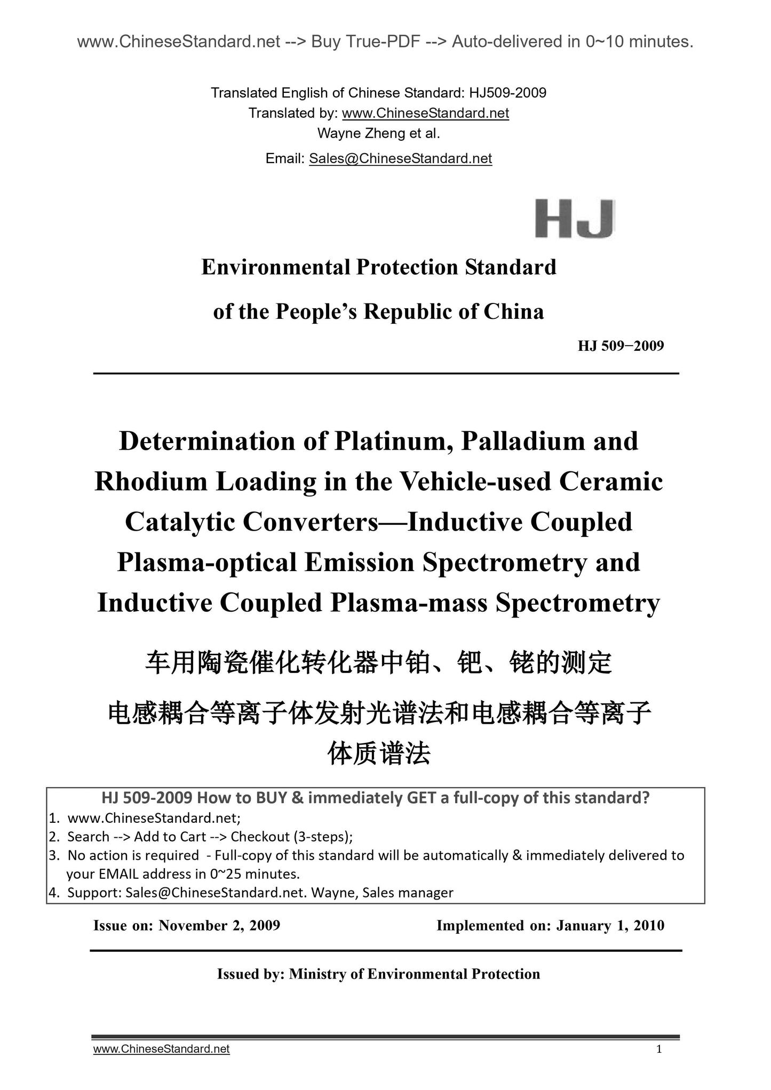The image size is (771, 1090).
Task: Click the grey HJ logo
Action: point(575,219)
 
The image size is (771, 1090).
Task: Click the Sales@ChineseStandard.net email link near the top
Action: point(400,158)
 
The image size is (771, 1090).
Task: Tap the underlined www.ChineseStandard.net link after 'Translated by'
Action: point(425,113)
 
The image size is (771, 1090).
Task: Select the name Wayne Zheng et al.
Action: point(379,133)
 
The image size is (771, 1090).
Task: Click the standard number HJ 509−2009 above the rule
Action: point(621,346)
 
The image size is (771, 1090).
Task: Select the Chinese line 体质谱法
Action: point(379,754)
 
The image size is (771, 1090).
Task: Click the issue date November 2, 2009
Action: point(219,925)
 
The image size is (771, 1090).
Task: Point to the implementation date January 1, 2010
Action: point(610,925)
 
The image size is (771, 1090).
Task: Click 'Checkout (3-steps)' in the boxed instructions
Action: point(291,837)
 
